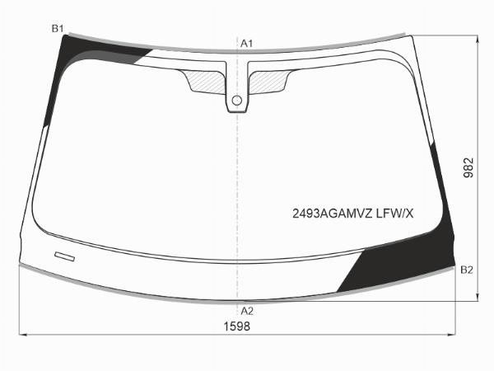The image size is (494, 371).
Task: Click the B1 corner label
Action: [58, 29]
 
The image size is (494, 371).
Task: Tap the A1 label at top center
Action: [247, 44]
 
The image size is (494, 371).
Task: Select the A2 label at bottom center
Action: [247, 312]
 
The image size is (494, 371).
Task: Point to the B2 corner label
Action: [467, 270]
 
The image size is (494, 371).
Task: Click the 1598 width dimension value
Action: [237, 326]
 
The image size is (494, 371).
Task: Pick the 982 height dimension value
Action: [468, 168]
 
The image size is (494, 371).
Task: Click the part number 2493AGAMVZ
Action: [333, 214]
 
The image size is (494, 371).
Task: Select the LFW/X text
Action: [394, 214]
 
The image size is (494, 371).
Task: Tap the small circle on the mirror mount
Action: [236, 101]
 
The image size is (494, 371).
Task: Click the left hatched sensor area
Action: [206, 82]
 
